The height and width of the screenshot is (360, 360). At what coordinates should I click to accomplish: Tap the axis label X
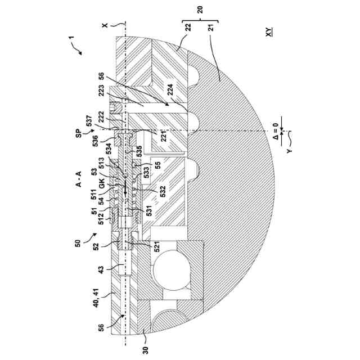pos(104,25)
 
